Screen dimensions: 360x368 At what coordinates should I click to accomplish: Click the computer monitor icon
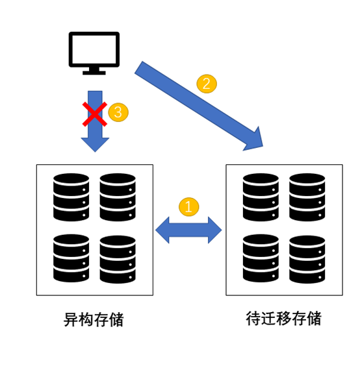coord(94,53)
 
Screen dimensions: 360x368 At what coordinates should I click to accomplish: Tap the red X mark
coord(95,114)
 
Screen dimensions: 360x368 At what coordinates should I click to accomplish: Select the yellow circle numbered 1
coord(188,207)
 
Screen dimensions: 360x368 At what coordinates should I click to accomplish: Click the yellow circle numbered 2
coord(207,84)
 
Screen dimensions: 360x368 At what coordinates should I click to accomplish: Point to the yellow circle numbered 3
coord(118,112)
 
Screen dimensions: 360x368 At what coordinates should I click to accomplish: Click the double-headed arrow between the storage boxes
coord(188,230)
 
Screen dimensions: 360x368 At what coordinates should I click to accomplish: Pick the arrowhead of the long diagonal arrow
coord(255,140)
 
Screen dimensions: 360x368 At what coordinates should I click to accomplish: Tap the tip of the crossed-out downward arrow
coord(95,152)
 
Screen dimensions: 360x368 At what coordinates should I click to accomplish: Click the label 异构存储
coord(94,319)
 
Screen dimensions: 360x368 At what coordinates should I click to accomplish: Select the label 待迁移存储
coord(283,319)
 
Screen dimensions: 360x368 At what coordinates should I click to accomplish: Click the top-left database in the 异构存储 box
coord(71,197)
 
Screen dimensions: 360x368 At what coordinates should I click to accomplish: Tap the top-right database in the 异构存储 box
coord(118,197)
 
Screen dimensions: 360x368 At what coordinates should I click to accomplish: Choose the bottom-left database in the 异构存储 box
coord(71,258)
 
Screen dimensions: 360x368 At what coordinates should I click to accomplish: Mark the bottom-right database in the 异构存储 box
coord(118,259)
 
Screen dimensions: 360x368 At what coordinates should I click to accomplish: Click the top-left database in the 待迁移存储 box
coord(261,197)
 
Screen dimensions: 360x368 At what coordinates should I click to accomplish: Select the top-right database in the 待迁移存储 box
coord(307,197)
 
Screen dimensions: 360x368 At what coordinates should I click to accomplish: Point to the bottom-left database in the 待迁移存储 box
coord(261,258)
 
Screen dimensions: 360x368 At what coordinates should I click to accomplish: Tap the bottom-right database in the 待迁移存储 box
coord(307,259)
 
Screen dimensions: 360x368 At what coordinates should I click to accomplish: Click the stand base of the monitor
coord(94,73)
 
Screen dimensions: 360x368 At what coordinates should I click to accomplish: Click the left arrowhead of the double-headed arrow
coord(162,230)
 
